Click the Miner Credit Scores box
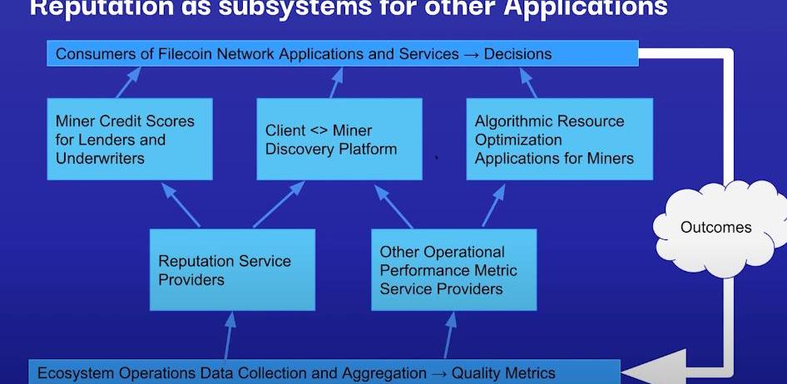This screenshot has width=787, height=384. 129,139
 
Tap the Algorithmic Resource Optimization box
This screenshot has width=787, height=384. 558,139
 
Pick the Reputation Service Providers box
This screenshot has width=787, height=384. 232,270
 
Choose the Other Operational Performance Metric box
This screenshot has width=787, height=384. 453,270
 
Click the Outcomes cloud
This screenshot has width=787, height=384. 715,228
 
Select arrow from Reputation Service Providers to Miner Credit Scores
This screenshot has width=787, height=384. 181,204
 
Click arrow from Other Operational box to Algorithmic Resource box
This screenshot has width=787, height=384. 493,204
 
